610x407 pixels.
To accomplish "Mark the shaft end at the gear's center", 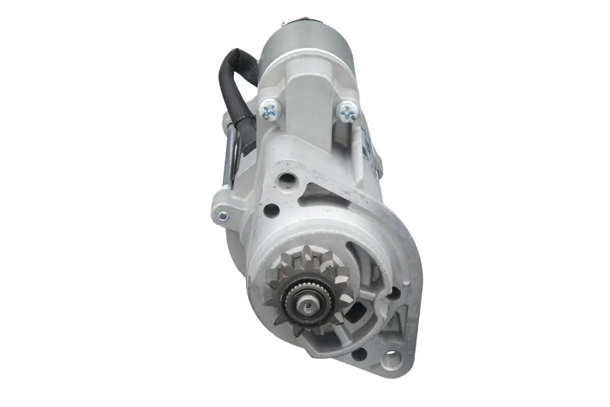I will (x=307, y=305).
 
